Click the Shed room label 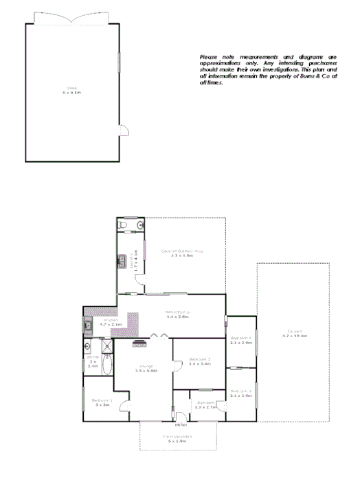(x=71, y=88)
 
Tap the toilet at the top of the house (x=122, y=224)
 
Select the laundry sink (x=120, y=260)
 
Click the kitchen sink (x=89, y=325)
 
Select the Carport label (x=297, y=332)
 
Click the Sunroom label (x=205, y=402)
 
